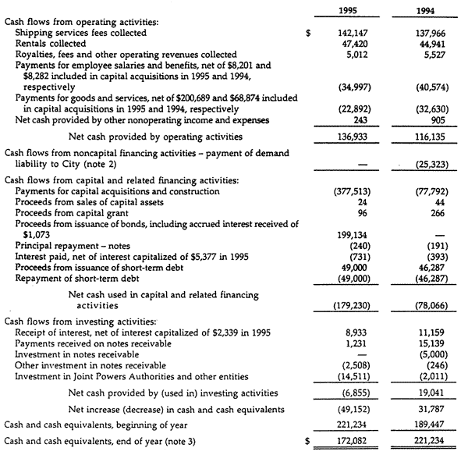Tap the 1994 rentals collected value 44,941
tap(434, 44)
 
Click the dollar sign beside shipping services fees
tap(310, 34)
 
